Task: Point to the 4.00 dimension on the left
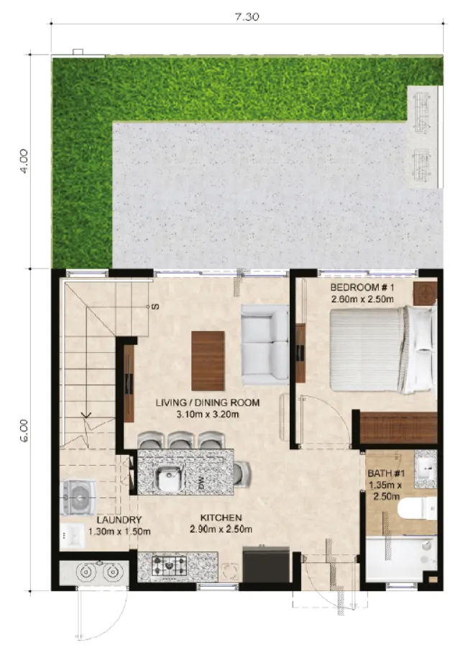coord(25,161)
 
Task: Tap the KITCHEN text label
coord(221,518)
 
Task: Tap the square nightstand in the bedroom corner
coord(425,292)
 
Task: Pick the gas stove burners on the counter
coord(170,564)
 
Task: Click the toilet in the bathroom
coord(416,509)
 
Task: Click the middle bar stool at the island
coord(182,440)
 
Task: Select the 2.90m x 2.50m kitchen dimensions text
coord(221,531)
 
